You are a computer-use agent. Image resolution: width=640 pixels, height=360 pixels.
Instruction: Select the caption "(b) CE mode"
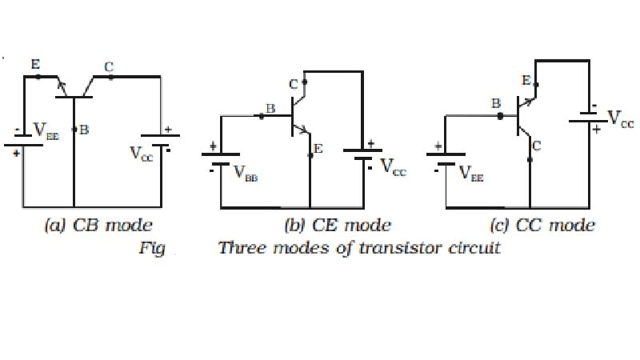pos(338,225)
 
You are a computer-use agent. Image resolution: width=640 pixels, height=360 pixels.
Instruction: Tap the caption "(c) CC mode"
pos(542,225)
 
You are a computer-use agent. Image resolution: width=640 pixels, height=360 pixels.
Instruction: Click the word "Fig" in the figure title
pos(151,248)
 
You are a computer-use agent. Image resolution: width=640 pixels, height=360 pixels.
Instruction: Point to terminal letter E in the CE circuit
pos(318,149)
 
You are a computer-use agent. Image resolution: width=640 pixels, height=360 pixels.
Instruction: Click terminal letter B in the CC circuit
pos(495,103)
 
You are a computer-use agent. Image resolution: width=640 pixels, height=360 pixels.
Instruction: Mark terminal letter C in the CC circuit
pos(537,145)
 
